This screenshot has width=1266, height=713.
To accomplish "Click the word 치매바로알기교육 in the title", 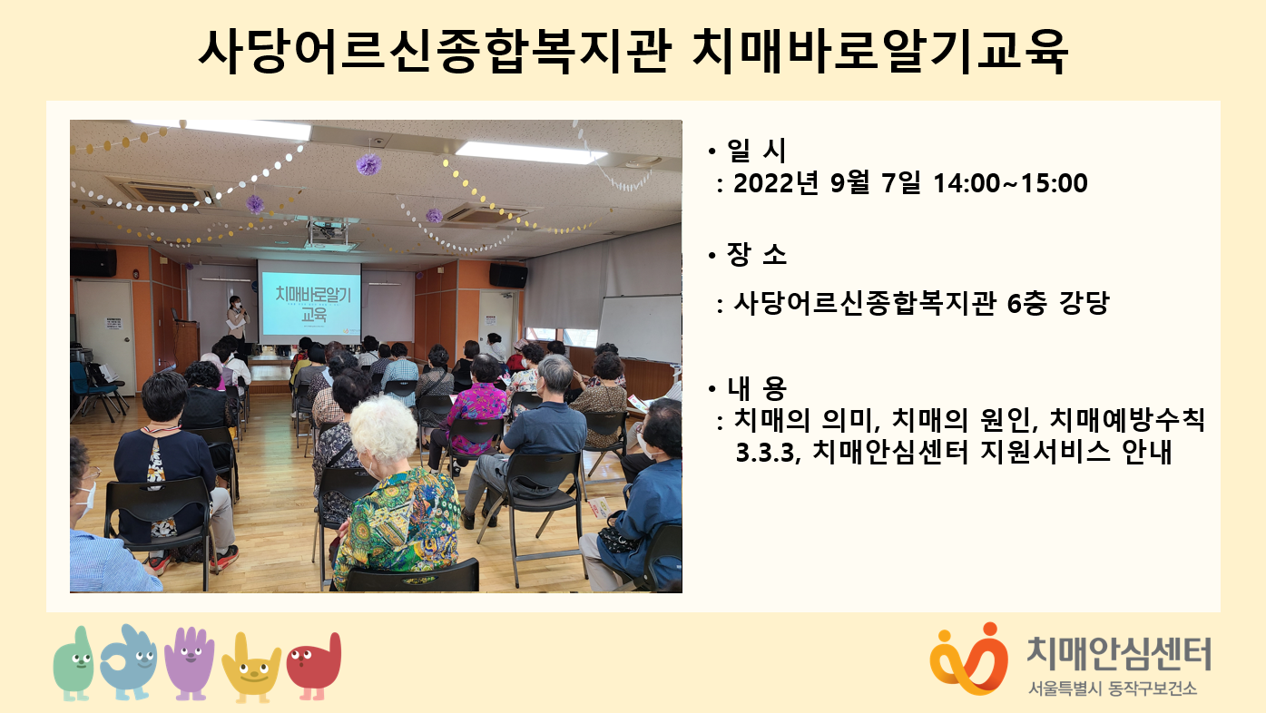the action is [880, 52].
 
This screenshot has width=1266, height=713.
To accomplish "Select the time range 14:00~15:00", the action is [1010, 183].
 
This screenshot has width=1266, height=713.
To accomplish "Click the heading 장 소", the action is [757, 255].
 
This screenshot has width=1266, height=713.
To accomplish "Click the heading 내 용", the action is [757, 388].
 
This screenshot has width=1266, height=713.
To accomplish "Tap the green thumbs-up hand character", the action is [74, 663].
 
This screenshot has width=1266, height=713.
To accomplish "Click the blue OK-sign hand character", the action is [129, 661].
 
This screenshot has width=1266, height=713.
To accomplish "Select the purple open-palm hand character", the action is [190, 663].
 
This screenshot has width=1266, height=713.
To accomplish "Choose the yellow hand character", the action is [251, 668].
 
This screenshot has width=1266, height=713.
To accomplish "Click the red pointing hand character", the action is [314, 666].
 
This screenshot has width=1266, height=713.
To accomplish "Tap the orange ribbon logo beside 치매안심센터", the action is [968, 659].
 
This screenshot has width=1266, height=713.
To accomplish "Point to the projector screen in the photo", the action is [309, 302].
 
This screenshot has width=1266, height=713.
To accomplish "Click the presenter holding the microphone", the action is [237, 320].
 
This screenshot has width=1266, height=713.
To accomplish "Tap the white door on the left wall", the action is [105, 337].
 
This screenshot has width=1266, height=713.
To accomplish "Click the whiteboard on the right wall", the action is [639, 328].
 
